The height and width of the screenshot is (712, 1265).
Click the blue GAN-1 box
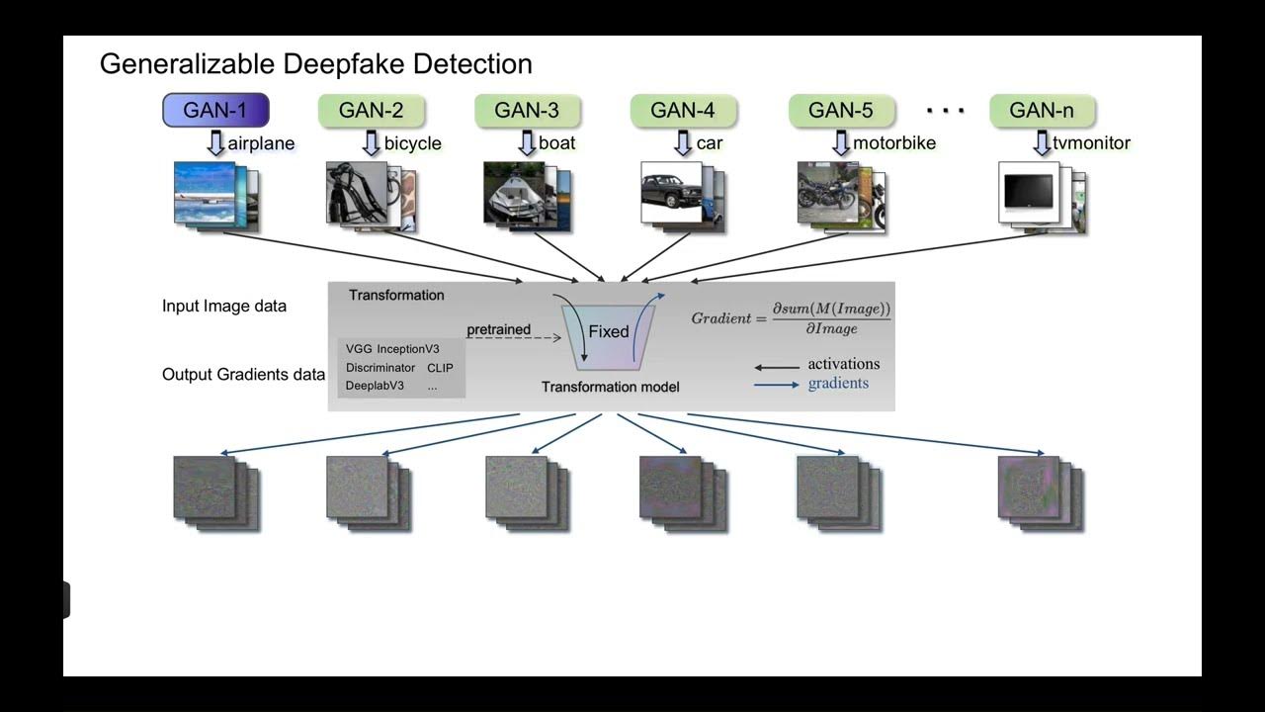coord(215,110)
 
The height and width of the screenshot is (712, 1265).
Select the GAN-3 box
coord(527,110)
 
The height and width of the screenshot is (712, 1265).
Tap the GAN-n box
coord(1041,110)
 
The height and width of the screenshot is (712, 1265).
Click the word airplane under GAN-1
coord(261,143)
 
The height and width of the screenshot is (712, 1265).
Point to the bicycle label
coord(412,143)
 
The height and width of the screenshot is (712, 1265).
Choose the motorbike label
coord(893,143)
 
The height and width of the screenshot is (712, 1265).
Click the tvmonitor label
coord(1091,143)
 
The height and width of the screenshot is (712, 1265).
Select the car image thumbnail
coord(672,192)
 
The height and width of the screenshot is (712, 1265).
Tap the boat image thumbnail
coord(515,192)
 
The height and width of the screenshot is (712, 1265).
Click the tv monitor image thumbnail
coord(1029,192)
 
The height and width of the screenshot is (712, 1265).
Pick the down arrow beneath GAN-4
coord(683,143)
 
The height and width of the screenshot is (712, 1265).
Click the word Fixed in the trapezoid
coord(609,331)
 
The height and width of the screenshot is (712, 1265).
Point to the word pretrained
coord(498,329)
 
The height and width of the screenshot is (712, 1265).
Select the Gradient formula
coord(791,317)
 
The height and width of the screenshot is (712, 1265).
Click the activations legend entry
coord(843,364)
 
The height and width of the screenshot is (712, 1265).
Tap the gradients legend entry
coord(838,384)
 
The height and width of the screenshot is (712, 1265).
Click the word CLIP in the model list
coord(440,368)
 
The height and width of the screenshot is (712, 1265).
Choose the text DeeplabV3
coord(375,386)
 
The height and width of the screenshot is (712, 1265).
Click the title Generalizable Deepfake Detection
coord(316,64)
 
